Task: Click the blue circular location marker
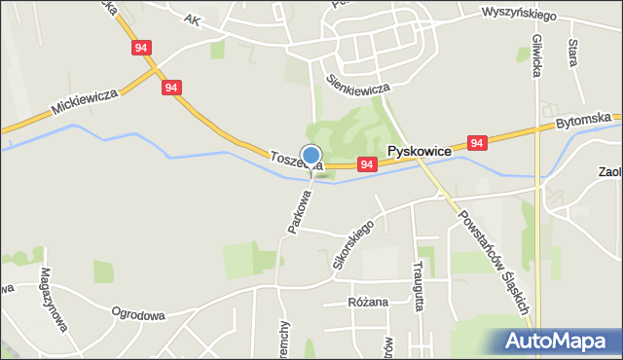tap(311, 155)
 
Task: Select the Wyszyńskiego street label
tap(519, 16)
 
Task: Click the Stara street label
tap(572, 53)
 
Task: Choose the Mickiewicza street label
tap(85, 100)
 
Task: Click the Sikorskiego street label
tap(352, 247)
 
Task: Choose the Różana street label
tap(368, 302)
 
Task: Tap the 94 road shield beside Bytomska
tap(476, 143)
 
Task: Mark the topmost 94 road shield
tap(142, 47)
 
